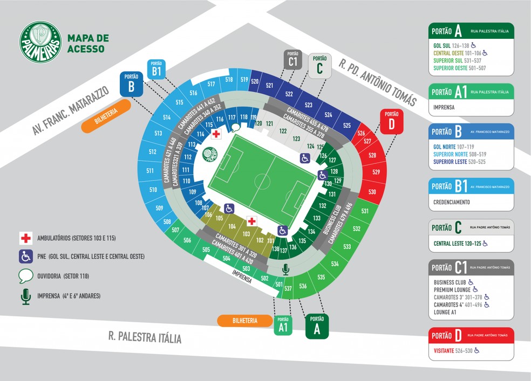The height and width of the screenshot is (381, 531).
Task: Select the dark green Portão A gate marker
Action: tap(317, 325)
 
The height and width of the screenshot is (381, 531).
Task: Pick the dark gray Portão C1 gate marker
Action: tap(293, 60)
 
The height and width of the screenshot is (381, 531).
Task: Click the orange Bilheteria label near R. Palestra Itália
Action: tap(245, 321)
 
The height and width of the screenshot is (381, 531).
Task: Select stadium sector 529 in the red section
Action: tap(377, 172)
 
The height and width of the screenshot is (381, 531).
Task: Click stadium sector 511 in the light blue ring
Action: tap(150, 171)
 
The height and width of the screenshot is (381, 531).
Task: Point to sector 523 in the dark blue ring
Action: tap(309, 105)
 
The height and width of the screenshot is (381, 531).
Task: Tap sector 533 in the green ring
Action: tap(347, 246)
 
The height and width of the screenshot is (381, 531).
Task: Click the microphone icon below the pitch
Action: tap(285, 269)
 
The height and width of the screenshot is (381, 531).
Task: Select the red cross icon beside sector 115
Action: tap(216, 134)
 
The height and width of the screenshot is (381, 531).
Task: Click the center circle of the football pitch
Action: tap(262, 181)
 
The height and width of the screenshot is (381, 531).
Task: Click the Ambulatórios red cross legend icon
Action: tap(25, 238)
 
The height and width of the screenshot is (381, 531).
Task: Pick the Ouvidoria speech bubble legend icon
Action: tap(25, 276)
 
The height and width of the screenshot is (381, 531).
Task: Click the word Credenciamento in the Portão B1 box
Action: tap(452, 202)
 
